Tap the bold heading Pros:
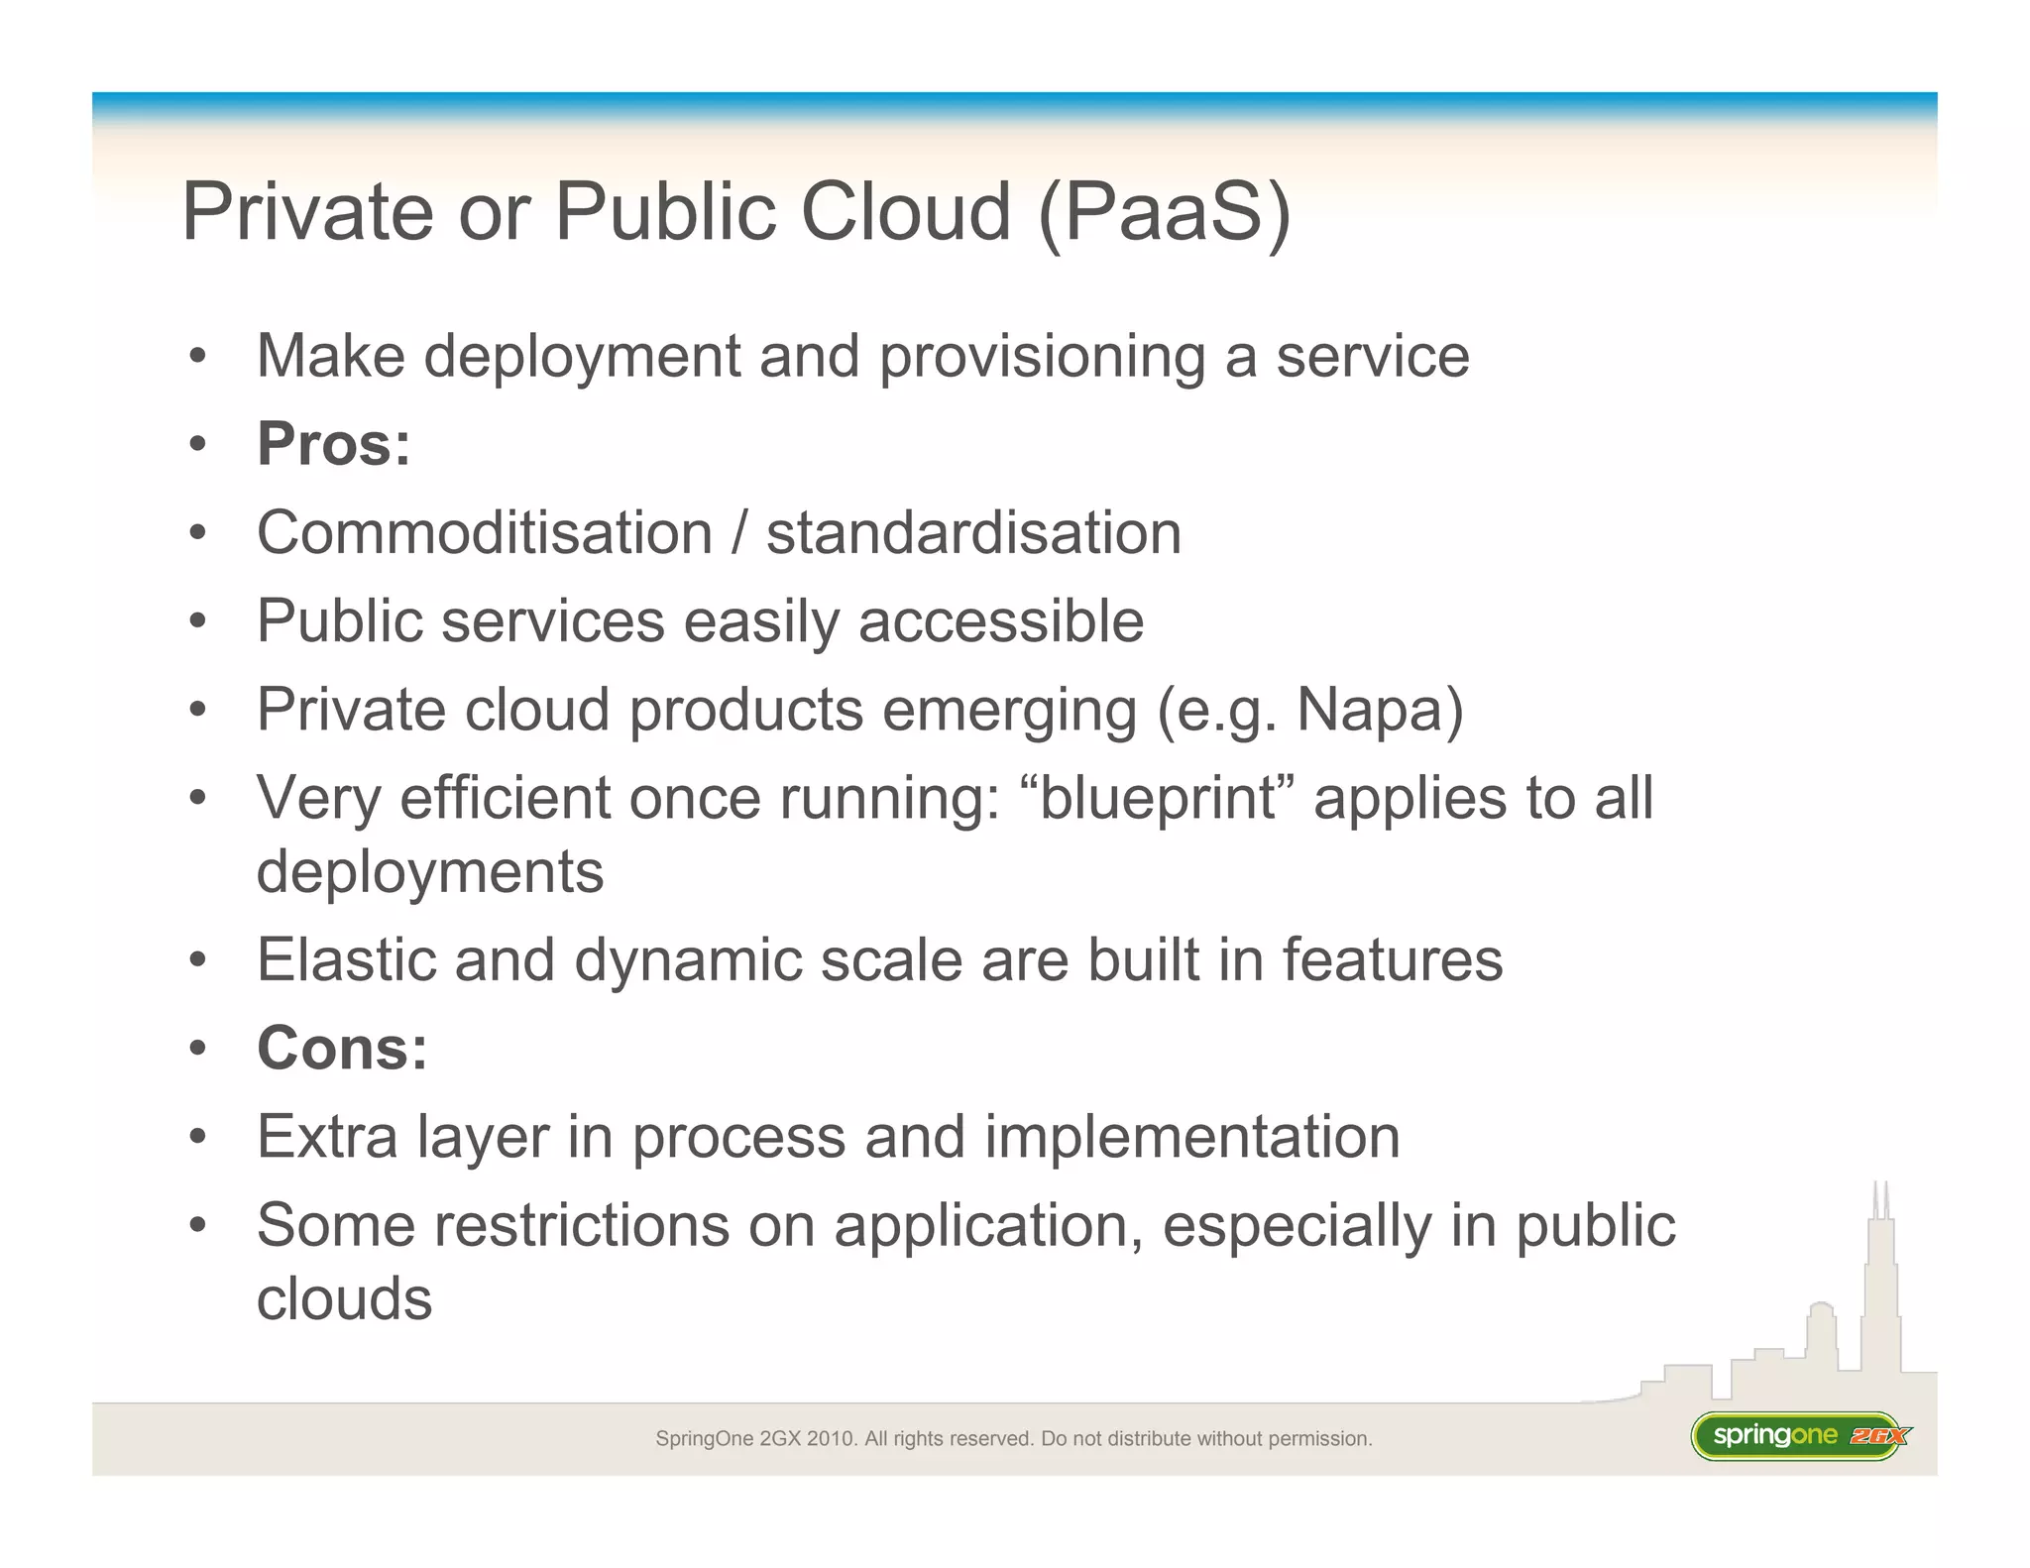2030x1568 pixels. coord(333,444)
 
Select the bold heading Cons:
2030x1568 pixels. coord(342,1048)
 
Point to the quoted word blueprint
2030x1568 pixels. coord(1157,799)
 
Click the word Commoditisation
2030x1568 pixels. coord(485,533)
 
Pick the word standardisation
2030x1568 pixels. coord(973,533)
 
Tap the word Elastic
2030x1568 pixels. coord(346,959)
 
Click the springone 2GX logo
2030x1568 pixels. coord(1799,1436)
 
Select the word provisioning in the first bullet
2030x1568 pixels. coord(1042,357)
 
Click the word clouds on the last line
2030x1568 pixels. coord(344,1299)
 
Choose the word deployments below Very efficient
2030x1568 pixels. coord(430,872)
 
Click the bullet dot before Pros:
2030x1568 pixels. coord(198,445)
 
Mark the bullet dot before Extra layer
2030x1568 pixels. coord(198,1138)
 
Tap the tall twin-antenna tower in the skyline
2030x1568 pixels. coord(1880,1279)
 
